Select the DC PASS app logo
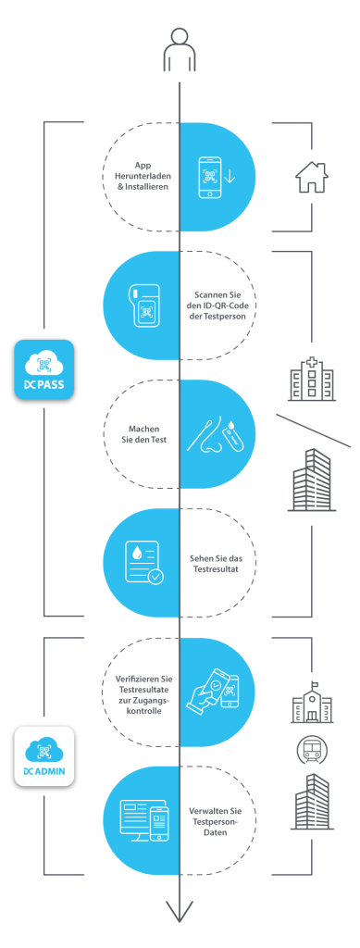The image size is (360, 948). (x=43, y=369)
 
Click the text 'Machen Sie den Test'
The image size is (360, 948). (x=142, y=433)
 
